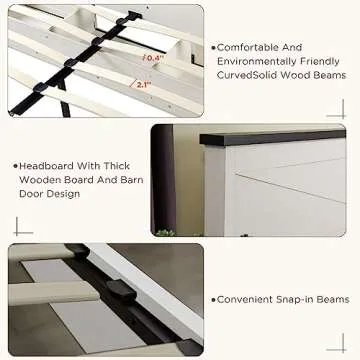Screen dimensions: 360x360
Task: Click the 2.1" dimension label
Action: pyautogui.click(x=142, y=85)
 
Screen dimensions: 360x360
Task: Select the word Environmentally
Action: pyautogui.click(x=257, y=62)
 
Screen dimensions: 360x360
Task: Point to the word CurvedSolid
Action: pyautogui.click(x=247, y=75)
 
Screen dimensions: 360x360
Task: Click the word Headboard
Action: pyautogui.click(x=46, y=166)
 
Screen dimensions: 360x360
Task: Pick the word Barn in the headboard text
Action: pyautogui.click(x=130, y=180)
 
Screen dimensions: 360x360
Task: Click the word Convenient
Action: pyautogui.click(x=245, y=299)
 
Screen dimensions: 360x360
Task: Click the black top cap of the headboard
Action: pyautogui.click(x=272, y=137)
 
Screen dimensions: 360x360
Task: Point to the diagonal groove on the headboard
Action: pyautogui.click(x=291, y=188)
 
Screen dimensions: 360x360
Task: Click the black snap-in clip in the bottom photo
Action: pyautogui.click(x=121, y=289)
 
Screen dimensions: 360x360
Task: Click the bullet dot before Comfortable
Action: pyautogui.click(x=214, y=48)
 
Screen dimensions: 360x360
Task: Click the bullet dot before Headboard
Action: pyautogui.click(x=16, y=166)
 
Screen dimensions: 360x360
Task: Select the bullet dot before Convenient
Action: pyautogui.click(x=214, y=300)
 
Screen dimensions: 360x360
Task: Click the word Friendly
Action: pyautogui.click(x=320, y=62)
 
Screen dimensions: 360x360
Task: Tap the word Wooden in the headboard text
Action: pyautogui.click(x=40, y=180)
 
